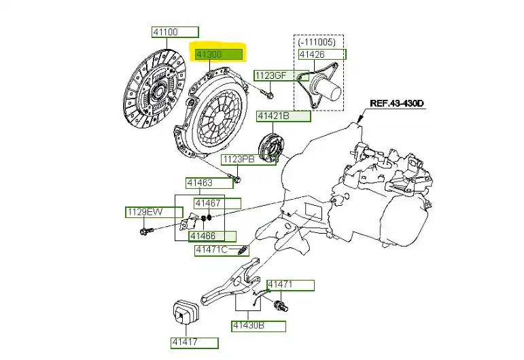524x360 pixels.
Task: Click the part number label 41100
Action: click(175, 32)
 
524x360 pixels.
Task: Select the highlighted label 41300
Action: click(219, 52)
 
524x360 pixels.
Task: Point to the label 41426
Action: click(321, 54)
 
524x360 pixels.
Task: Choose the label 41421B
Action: click(283, 116)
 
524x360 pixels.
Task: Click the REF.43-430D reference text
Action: click(397, 104)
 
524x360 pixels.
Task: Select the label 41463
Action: click(209, 183)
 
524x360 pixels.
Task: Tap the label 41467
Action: click(217, 203)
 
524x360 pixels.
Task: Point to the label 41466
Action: click(212, 236)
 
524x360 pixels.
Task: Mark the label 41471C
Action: click(217, 250)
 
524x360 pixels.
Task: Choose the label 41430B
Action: click(258, 326)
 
